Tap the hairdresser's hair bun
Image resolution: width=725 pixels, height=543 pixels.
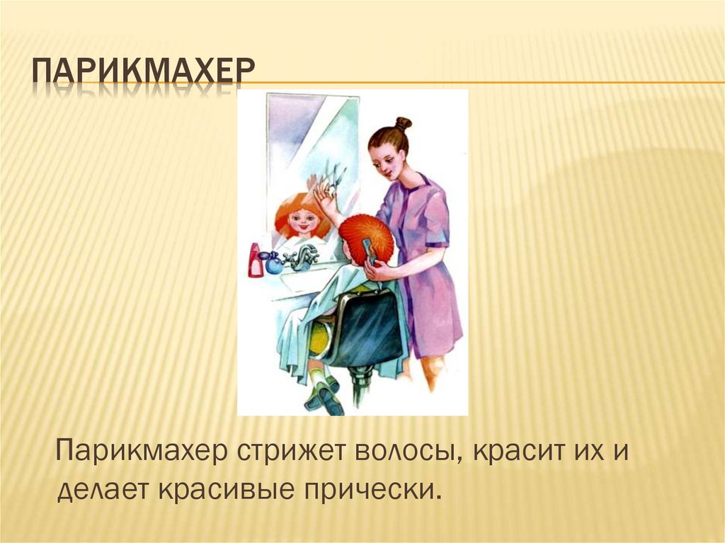403,123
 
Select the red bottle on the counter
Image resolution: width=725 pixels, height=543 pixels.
255,260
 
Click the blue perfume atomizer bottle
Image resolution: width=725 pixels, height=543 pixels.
273,263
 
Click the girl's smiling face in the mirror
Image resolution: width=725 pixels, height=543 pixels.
303,221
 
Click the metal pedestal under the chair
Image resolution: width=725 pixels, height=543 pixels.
361,387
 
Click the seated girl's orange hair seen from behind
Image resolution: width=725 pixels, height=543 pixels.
366,237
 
